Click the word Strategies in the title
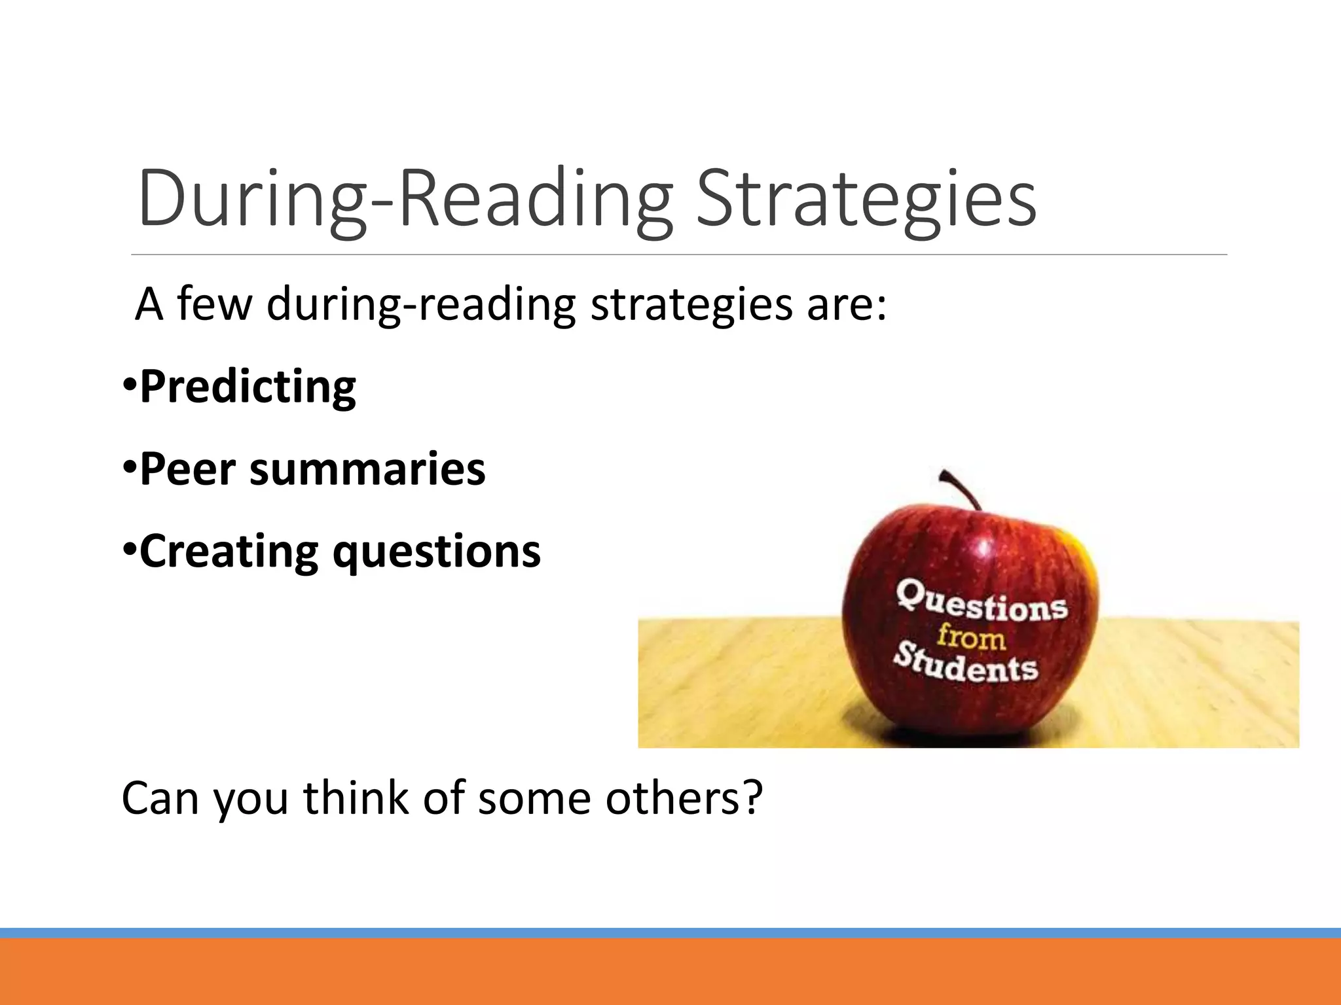click(x=866, y=198)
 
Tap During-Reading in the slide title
click(x=406, y=198)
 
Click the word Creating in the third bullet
click(x=229, y=552)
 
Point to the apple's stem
click(x=961, y=487)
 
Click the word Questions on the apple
click(x=982, y=601)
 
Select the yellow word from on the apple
click(x=971, y=637)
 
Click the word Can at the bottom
click(x=160, y=798)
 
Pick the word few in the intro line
click(x=214, y=304)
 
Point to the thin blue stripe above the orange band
click(x=670, y=932)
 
